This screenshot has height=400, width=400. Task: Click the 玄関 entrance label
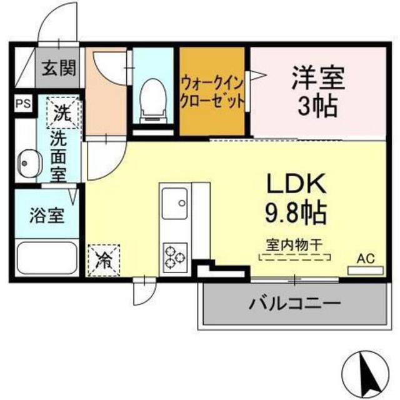59,68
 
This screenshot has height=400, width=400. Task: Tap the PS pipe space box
24,104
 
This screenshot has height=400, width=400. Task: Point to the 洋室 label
318,77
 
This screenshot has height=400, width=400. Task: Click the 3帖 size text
318,106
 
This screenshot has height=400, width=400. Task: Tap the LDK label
296,184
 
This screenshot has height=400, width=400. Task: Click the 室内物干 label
294,244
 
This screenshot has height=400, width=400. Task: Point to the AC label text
366,258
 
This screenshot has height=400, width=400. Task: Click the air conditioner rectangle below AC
366,271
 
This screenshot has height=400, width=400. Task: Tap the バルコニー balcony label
295,304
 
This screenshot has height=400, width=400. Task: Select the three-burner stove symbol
175,257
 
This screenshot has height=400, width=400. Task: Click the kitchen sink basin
175,203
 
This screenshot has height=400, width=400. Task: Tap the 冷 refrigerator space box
104,261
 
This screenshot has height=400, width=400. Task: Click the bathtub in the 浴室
47,257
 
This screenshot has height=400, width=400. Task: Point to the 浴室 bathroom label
47,216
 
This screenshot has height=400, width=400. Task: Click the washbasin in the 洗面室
29,162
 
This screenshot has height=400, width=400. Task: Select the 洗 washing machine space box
62,112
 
